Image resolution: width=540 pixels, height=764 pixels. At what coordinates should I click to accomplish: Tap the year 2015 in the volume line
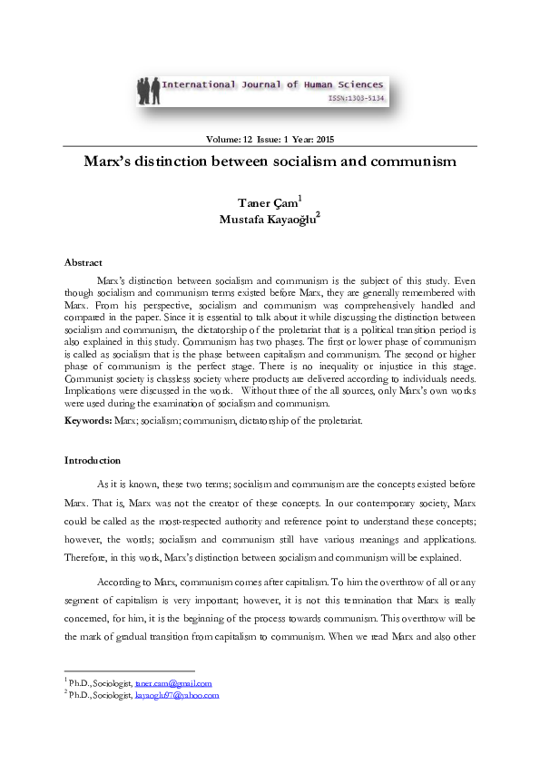(333, 139)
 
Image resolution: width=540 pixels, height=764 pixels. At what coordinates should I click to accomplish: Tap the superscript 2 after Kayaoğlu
(318, 215)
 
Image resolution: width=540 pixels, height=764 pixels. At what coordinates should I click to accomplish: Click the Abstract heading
(83, 261)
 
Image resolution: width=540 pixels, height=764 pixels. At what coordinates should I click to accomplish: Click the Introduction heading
(92, 460)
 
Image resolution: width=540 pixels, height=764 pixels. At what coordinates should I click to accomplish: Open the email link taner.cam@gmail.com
(172, 682)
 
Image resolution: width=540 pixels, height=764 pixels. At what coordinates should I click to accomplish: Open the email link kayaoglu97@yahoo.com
(177, 695)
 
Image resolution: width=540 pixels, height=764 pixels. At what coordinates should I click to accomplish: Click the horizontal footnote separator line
(130, 670)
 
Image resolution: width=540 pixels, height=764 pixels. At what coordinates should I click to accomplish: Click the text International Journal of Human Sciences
(276, 84)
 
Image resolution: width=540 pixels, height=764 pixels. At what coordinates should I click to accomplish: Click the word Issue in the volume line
(278, 139)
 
